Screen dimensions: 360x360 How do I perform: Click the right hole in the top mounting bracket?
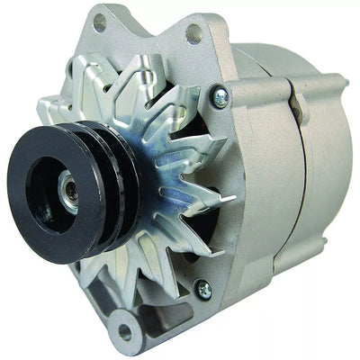(193, 34)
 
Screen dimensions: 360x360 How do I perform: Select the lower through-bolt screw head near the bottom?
(204, 290)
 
